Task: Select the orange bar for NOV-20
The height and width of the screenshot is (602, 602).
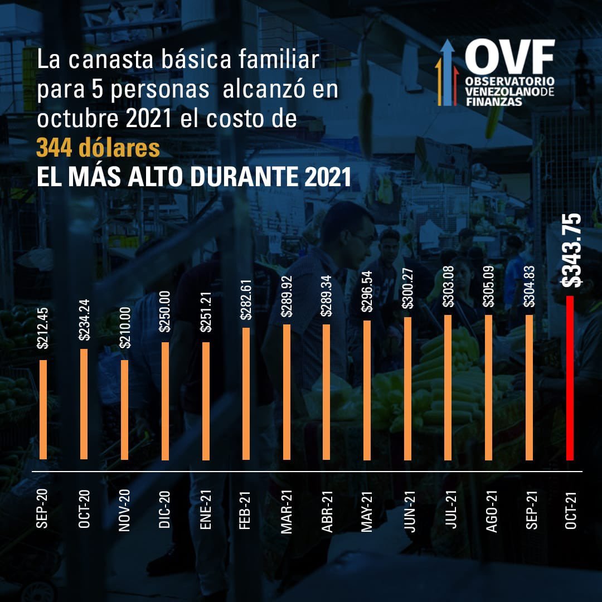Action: [x=124, y=410]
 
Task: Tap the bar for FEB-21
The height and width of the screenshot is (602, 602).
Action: [x=246, y=394]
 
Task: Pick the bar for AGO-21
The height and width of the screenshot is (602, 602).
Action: [x=489, y=387]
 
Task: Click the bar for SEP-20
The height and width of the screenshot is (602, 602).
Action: [x=43, y=410]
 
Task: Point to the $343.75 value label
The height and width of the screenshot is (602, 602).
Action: [x=572, y=250]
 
